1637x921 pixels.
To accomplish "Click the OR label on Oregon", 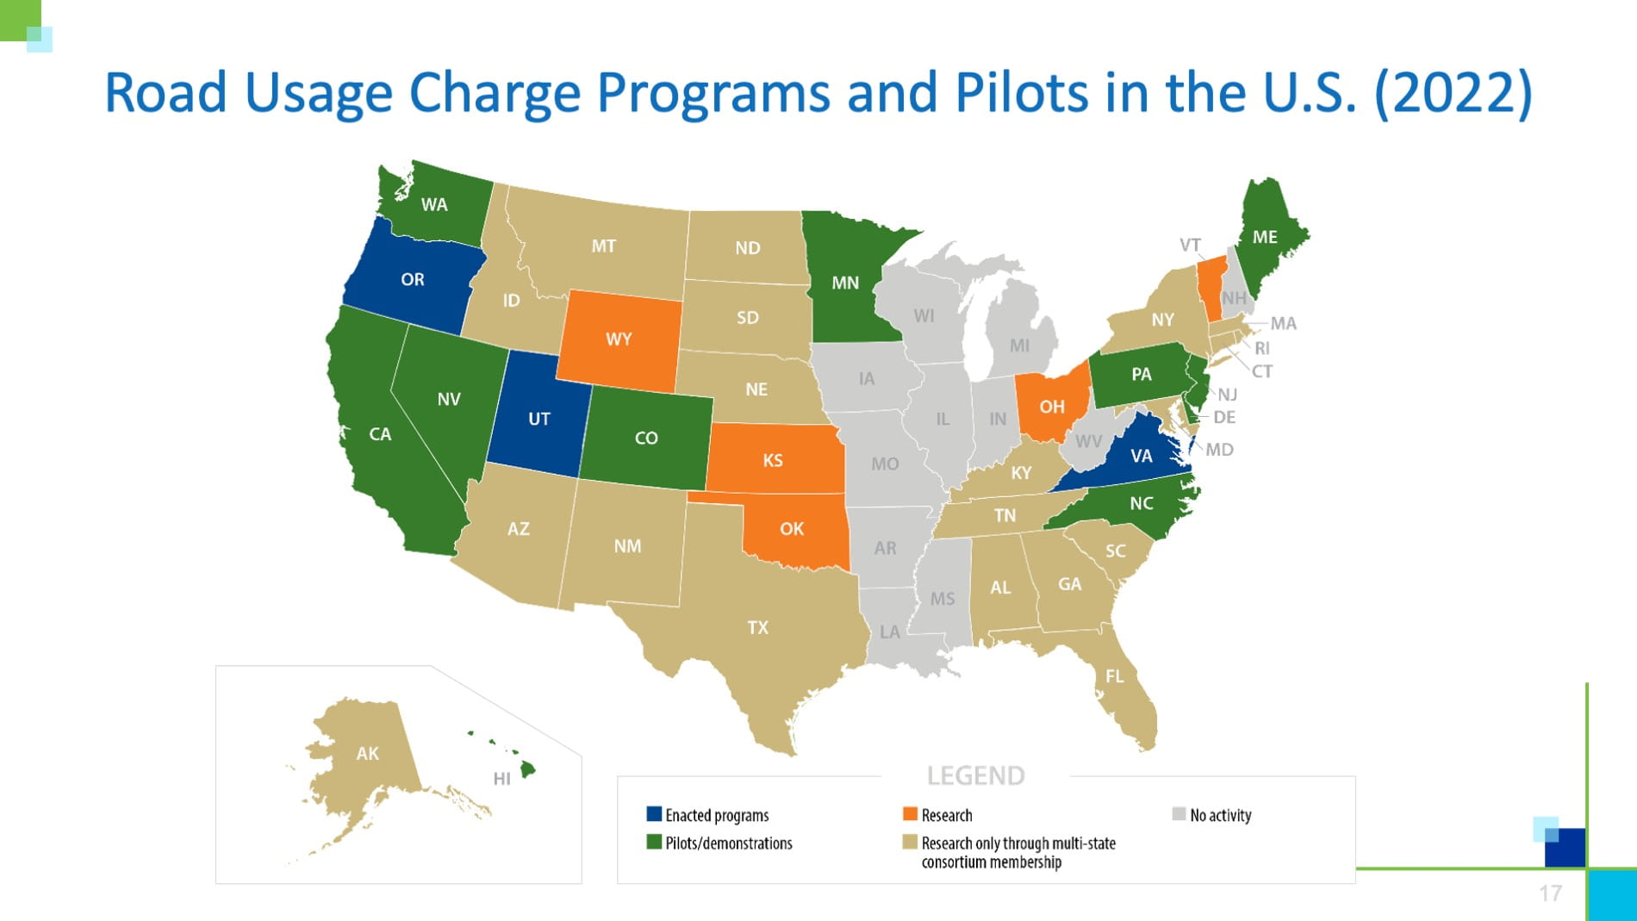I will tap(412, 279).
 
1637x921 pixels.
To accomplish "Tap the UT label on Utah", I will tap(538, 419).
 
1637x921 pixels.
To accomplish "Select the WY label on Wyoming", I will tap(619, 339).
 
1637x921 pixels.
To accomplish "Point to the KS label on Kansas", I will tap(772, 460).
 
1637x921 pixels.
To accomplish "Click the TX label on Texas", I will tap(757, 627).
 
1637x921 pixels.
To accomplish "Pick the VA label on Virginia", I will tap(1141, 456).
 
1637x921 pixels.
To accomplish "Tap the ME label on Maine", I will tap(1264, 237).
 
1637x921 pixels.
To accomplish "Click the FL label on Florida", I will tap(1114, 676).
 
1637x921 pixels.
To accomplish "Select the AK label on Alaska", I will tap(367, 753).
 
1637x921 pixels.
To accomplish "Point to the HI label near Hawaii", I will tap(501, 779).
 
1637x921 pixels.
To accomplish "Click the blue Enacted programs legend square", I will tap(654, 814).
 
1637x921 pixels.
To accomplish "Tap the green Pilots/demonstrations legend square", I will tap(654, 842).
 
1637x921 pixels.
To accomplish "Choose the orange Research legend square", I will tap(910, 814).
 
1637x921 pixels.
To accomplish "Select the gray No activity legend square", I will tap(1179, 814).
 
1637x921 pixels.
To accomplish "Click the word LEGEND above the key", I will tap(975, 776).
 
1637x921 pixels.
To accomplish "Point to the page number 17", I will tap(1550, 893).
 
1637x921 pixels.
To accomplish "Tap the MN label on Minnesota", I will tap(844, 283).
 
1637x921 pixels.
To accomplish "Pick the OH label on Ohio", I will tap(1051, 407).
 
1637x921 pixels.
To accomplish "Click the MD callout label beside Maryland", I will tap(1219, 450).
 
